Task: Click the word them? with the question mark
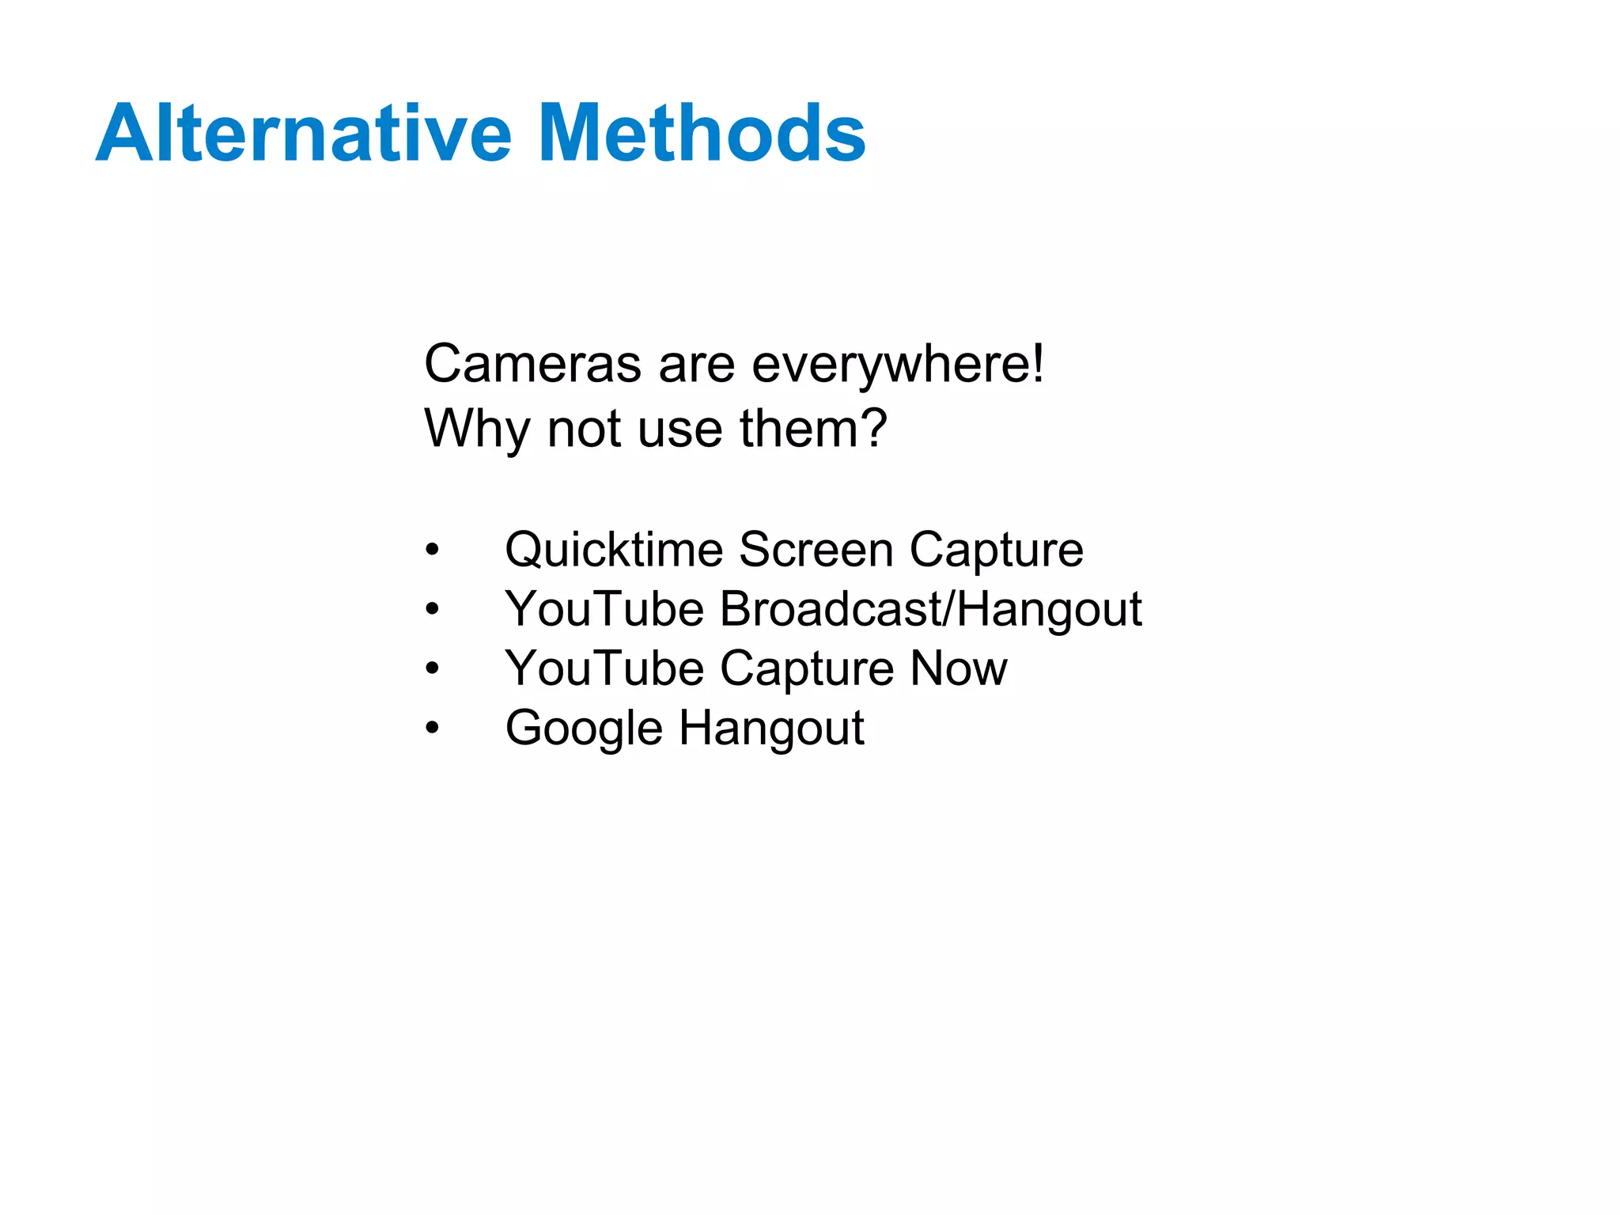point(814,429)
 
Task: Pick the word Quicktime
point(614,550)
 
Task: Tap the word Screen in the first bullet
point(816,550)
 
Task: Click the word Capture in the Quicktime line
point(996,550)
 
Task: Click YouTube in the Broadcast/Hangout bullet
point(604,609)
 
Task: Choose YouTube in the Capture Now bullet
point(604,668)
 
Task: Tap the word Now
point(959,668)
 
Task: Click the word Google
point(584,729)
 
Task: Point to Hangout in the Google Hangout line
point(771,729)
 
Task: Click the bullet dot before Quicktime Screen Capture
point(431,550)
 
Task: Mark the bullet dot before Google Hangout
point(431,728)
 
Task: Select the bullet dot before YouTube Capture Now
point(431,668)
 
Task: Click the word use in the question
point(679,429)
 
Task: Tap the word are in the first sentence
point(695,365)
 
